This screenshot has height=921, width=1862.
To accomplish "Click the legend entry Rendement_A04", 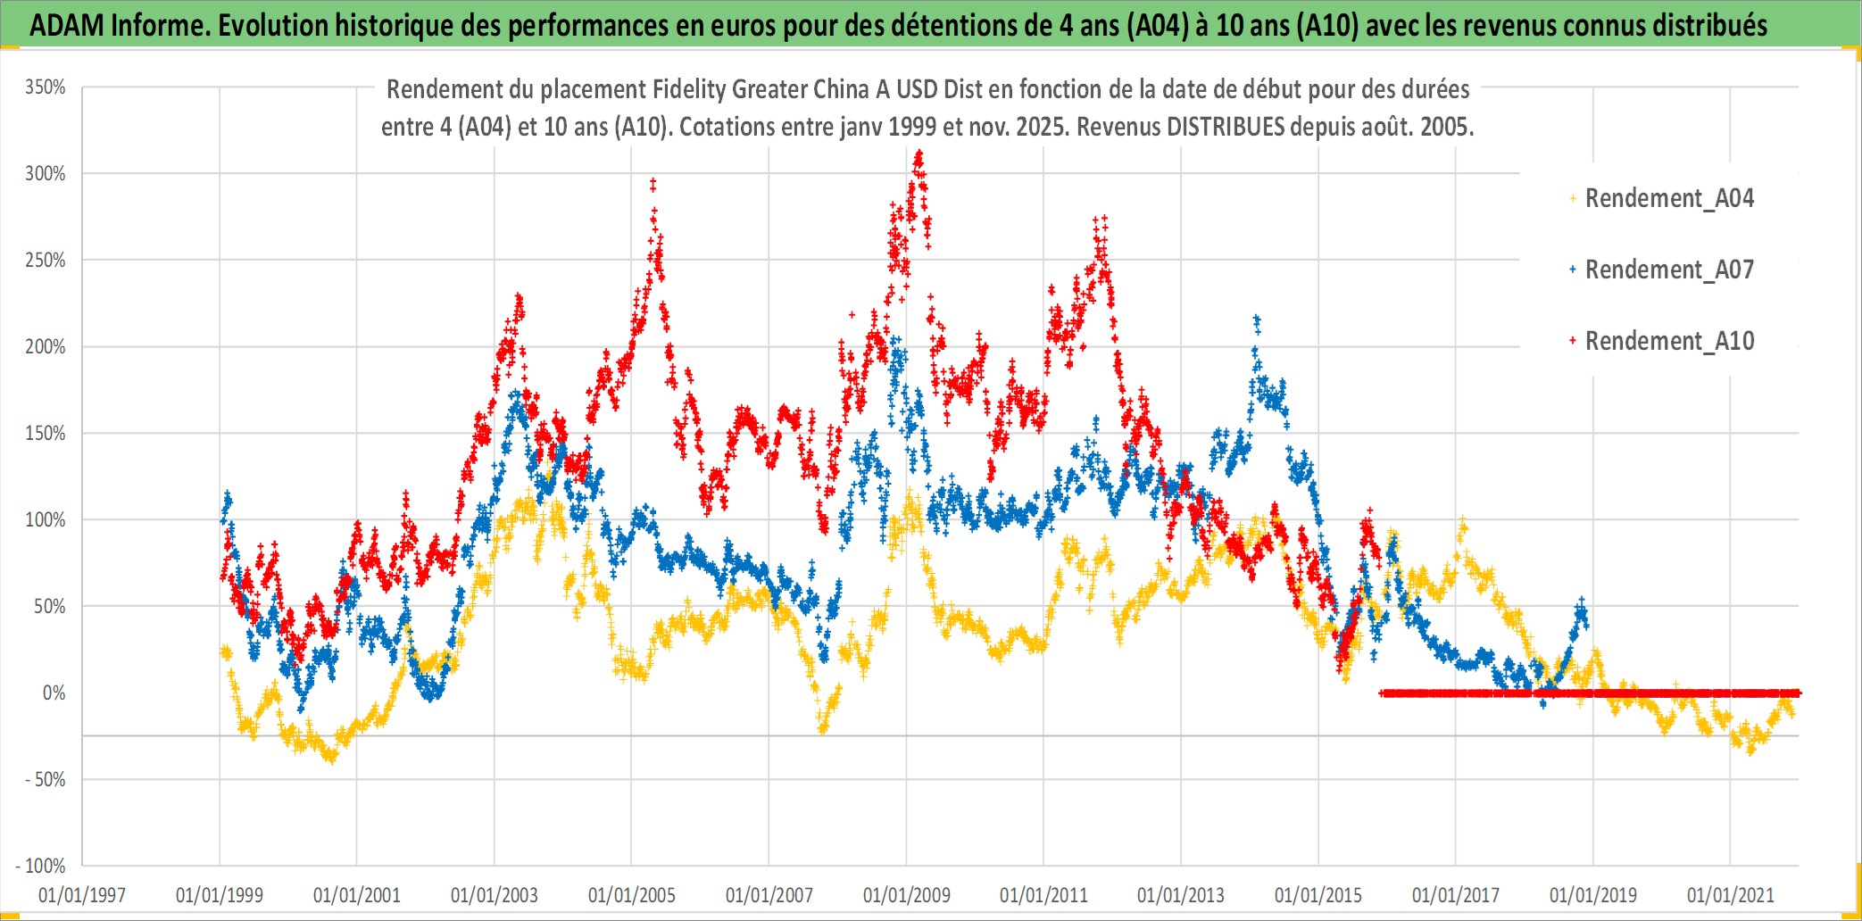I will pyautogui.click(x=1668, y=198).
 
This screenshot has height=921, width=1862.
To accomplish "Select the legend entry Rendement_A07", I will pyautogui.click(x=1668, y=270).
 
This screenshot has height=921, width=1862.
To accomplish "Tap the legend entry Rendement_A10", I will pyautogui.click(x=1668, y=341).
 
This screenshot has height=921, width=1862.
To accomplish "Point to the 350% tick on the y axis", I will pyautogui.click(x=46, y=87).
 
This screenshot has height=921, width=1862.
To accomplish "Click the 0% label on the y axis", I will pyautogui.click(x=54, y=693).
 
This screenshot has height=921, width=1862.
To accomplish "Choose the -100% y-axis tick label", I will pyautogui.click(x=41, y=866).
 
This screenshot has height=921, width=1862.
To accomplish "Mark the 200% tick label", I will pyautogui.click(x=46, y=347).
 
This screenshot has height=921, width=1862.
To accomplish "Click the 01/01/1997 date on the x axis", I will pyautogui.click(x=82, y=895).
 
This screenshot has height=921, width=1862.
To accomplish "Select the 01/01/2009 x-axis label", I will pyautogui.click(x=906, y=895).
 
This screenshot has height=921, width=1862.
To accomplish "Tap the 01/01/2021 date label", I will pyautogui.click(x=1730, y=895).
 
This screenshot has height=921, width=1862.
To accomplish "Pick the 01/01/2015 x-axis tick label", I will pyautogui.click(x=1318, y=895).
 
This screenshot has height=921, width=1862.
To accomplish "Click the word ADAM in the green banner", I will pyautogui.click(x=67, y=25).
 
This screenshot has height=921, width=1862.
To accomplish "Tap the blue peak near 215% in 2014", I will pyautogui.click(x=1257, y=319).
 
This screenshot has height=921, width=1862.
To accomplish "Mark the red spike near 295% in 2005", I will pyautogui.click(x=653, y=183).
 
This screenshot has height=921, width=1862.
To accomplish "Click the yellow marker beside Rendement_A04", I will pyautogui.click(x=1573, y=198).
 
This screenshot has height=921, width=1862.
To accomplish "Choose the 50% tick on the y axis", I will pyautogui.click(x=50, y=607).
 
